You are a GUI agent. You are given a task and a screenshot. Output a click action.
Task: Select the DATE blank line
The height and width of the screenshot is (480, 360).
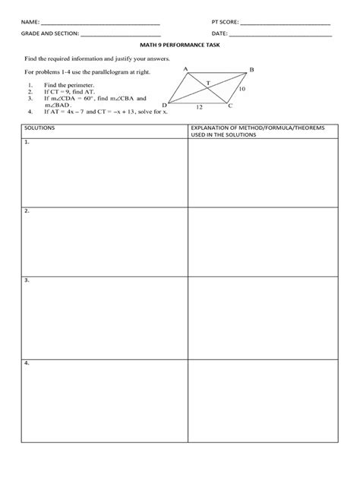pos(280,35)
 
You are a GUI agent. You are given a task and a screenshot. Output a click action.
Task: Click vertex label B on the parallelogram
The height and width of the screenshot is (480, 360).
pos(252,70)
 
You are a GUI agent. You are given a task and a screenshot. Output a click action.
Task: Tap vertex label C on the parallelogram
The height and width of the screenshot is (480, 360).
pos(230,106)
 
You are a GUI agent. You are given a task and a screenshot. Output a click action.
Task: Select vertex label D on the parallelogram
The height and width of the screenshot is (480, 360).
pos(164,106)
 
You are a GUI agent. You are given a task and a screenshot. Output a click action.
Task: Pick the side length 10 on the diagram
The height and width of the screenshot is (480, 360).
pos(242,89)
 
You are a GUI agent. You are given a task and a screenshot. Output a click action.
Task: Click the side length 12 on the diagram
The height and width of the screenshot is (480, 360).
pos(199,108)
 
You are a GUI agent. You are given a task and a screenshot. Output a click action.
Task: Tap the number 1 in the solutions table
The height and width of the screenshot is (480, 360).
pos(27,142)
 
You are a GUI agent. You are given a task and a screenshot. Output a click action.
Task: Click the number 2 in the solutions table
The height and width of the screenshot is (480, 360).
pos(27,210)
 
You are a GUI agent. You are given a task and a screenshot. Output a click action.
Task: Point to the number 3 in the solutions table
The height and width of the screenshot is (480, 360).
pos(27,279)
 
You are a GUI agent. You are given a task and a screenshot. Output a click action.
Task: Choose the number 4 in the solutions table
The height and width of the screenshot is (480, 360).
pos(27,363)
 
